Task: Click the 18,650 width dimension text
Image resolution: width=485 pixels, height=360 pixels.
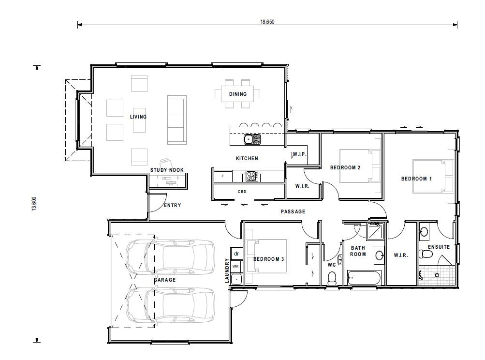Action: pyautogui.click(x=267, y=22)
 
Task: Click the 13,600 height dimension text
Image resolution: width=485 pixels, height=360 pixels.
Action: pyautogui.click(x=33, y=203)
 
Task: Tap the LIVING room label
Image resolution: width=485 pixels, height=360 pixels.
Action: pyautogui.click(x=138, y=117)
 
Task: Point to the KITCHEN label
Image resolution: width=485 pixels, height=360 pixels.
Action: pyautogui.click(x=247, y=158)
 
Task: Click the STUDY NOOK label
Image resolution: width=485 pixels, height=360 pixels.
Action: pyautogui.click(x=167, y=170)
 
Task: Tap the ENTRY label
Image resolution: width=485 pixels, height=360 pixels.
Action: pyautogui.click(x=172, y=205)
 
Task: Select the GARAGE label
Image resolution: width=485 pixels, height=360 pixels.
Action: pyautogui.click(x=165, y=280)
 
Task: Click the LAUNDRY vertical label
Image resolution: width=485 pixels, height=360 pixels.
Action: pyautogui.click(x=226, y=270)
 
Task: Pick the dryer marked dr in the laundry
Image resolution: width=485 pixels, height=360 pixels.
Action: pyautogui.click(x=236, y=253)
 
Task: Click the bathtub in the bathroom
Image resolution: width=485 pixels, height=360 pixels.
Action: pyautogui.click(x=364, y=278)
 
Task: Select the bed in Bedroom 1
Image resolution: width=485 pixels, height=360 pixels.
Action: pyautogui.click(x=433, y=176)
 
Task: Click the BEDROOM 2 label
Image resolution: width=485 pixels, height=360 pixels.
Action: pyautogui.click(x=345, y=168)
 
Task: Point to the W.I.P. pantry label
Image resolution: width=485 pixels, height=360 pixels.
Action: pyautogui.click(x=298, y=154)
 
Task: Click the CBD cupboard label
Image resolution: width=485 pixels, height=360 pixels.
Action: pyautogui.click(x=242, y=192)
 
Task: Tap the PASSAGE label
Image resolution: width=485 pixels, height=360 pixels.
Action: pyautogui.click(x=293, y=211)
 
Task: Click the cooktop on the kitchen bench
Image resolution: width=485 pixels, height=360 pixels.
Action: pyautogui.click(x=251, y=177)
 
